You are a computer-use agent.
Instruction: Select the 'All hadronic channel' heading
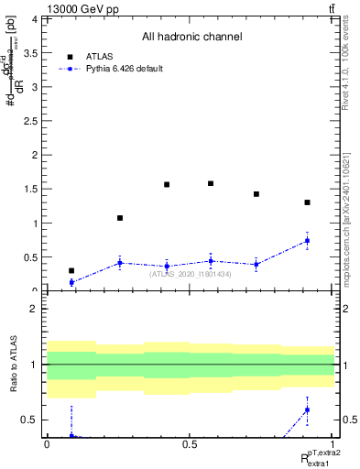[x=191, y=38]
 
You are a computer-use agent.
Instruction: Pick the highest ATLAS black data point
[x=211, y=183]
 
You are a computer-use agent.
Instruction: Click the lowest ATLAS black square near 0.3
[x=71, y=270]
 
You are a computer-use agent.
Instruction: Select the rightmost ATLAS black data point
[x=307, y=202]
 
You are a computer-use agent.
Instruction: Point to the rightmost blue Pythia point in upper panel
[x=307, y=241]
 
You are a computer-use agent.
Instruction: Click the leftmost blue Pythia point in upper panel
[x=71, y=282]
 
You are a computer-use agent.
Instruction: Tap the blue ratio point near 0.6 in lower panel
[x=307, y=409]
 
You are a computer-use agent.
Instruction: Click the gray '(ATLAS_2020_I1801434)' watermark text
[x=190, y=274]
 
